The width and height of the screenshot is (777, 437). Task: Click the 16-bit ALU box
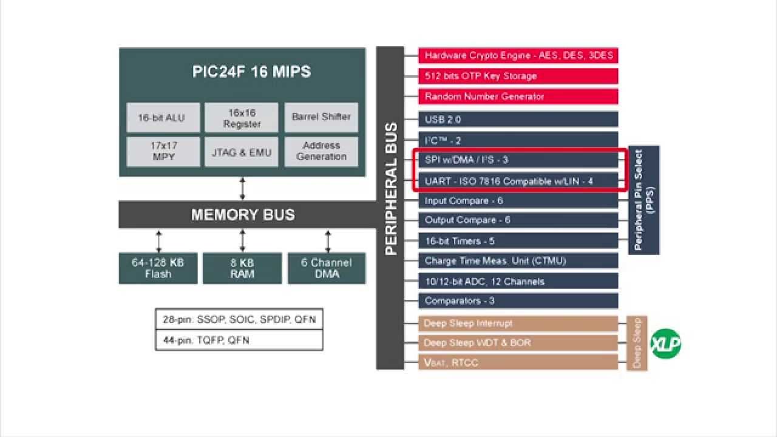[x=163, y=118]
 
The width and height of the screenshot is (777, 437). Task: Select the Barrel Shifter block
[x=321, y=118]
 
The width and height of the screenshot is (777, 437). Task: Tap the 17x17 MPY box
[x=163, y=152]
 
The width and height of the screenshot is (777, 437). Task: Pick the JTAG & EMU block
[x=242, y=152]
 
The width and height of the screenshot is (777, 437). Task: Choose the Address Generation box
[x=321, y=152]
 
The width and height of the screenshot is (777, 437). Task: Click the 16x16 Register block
[x=242, y=118]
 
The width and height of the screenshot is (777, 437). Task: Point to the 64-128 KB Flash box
[x=158, y=268]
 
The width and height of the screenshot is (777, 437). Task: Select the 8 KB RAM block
[x=242, y=268]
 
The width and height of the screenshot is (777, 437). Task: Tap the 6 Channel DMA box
[x=327, y=268]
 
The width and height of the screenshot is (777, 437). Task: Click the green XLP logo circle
[x=666, y=344]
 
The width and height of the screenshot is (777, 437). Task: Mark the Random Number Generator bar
[x=518, y=97]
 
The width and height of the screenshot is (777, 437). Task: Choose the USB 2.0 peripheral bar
[x=518, y=120]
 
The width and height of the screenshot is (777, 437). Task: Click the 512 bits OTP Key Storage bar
[x=518, y=76]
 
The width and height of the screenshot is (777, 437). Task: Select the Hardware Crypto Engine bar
[x=518, y=56]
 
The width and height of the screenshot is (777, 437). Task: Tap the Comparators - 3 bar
[x=518, y=301]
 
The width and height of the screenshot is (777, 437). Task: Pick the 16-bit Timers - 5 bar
[x=518, y=241]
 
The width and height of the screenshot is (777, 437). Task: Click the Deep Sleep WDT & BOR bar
[x=518, y=343]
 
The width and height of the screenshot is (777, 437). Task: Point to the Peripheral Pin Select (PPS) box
[x=643, y=200]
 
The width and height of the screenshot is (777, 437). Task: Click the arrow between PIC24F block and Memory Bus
[x=242, y=189]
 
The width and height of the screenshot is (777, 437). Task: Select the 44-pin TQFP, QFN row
[x=239, y=340]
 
